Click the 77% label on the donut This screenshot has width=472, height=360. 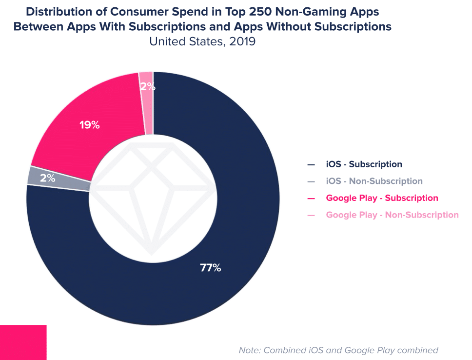(x=210, y=268)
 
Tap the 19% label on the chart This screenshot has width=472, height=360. (x=90, y=125)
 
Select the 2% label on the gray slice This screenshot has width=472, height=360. (x=47, y=178)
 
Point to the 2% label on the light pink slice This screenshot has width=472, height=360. (x=147, y=87)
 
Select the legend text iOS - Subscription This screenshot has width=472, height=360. (x=364, y=164)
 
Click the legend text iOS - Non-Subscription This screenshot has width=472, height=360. (x=374, y=181)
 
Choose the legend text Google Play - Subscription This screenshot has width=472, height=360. (x=382, y=198)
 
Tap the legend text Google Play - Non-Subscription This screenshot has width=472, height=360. (x=392, y=215)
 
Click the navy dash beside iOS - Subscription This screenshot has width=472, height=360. (x=311, y=165)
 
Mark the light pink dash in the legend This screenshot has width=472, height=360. (x=311, y=215)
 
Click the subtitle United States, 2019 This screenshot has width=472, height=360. (x=202, y=41)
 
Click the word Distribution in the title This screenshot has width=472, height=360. (x=58, y=11)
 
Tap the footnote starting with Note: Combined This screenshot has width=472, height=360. (x=338, y=350)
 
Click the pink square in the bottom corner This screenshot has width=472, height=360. (x=23, y=342)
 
